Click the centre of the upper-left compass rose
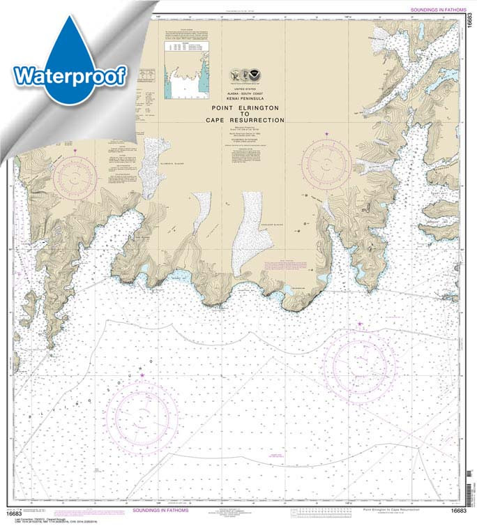(x=75, y=176)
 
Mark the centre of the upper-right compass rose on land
(x=326, y=163)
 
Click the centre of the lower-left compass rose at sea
(x=143, y=416)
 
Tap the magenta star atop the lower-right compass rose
(x=360, y=324)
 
